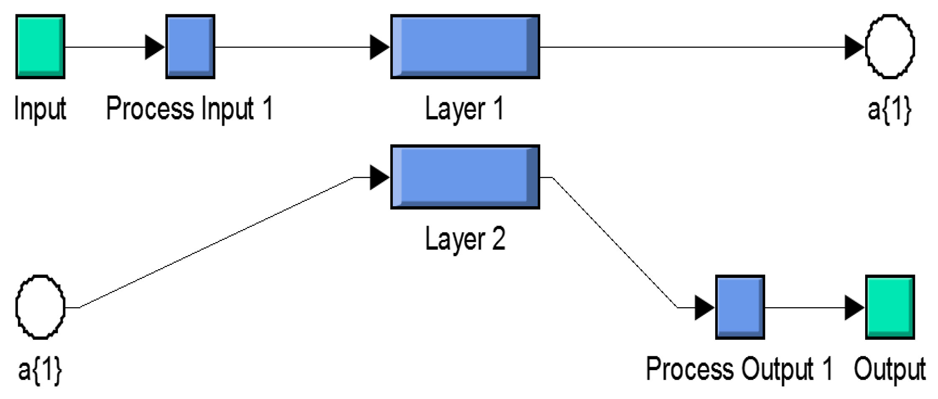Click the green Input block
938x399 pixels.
40,47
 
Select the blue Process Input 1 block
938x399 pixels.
190,47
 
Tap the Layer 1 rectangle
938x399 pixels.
465,47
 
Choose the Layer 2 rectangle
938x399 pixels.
465,177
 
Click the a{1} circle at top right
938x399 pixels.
890,47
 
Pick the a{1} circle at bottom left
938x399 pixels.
40,307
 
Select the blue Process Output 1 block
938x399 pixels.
740,307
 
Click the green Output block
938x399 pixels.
890,307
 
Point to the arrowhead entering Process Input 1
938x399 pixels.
154,47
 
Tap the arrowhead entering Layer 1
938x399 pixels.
379,47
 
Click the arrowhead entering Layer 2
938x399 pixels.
379,177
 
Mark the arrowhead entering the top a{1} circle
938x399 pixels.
854,47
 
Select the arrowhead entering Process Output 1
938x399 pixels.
704,308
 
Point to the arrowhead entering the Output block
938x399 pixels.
854,308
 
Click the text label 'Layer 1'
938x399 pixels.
464,109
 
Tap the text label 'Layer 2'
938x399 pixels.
465,239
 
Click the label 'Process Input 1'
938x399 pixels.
189,109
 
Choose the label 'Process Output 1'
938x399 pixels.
739,370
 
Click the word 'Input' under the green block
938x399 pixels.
40,109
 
